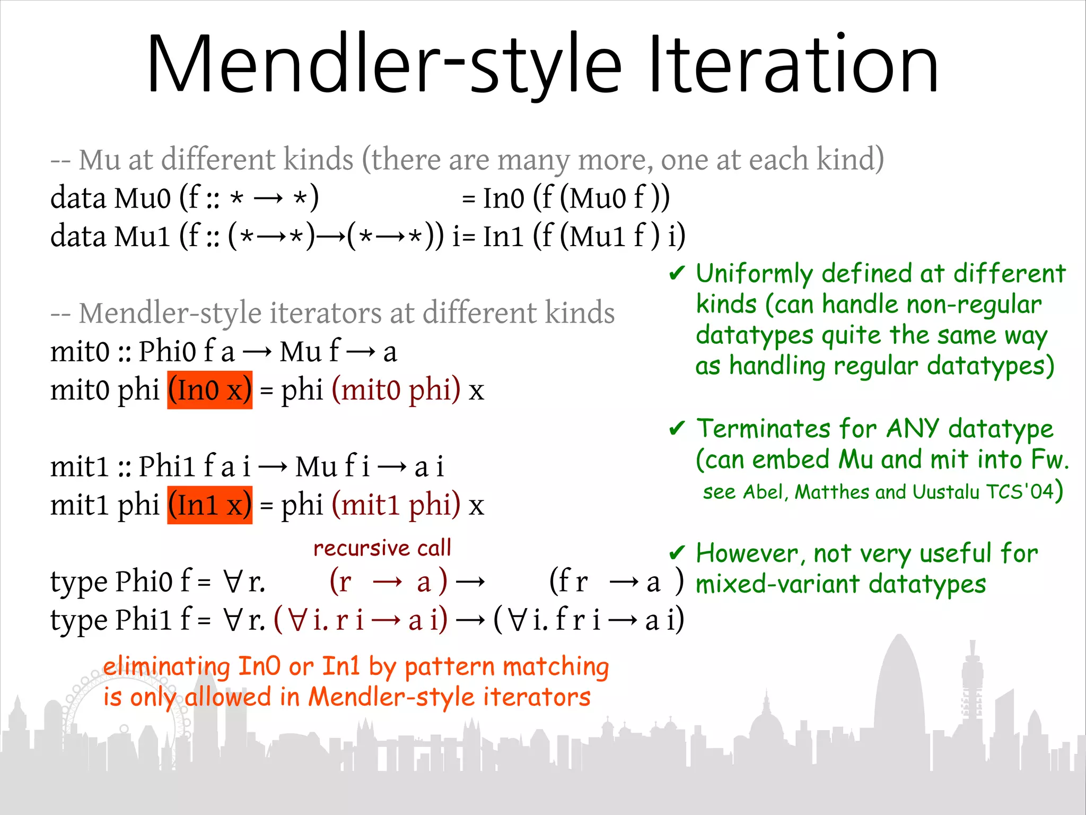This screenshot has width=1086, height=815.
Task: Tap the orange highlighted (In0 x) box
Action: (x=209, y=390)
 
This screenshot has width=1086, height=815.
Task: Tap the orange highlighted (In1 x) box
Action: (x=209, y=505)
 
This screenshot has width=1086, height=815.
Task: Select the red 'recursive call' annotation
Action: (x=382, y=548)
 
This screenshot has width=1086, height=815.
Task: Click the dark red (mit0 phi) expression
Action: (x=396, y=390)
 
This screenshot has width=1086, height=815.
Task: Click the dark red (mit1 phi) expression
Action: (x=396, y=505)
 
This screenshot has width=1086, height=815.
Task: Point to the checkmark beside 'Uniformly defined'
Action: (x=677, y=274)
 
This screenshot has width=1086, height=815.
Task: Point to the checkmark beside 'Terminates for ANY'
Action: (x=677, y=428)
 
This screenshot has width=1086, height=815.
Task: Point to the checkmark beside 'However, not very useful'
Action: (x=677, y=553)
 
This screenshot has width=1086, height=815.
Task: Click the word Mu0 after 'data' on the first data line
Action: (x=142, y=199)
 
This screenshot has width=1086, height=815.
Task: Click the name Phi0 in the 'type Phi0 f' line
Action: (x=144, y=582)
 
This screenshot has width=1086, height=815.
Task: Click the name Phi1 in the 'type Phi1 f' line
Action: (x=144, y=620)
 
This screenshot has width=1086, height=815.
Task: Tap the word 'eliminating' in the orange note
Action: (x=166, y=666)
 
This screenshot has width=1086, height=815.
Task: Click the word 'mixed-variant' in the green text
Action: (x=777, y=584)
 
